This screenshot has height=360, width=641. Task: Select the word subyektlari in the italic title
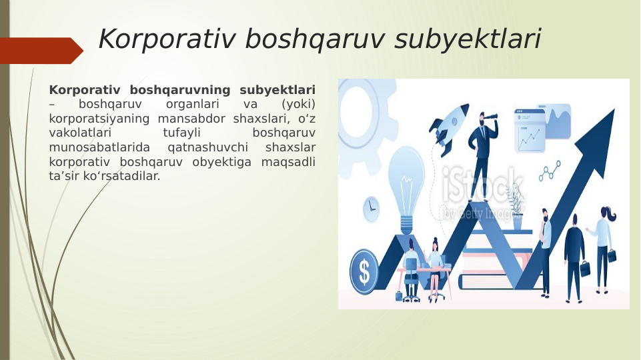click(x=468, y=39)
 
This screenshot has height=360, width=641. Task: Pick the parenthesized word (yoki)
click(x=298, y=104)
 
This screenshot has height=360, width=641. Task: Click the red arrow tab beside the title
click(x=40, y=51)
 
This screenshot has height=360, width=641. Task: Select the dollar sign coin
click(x=364, y=271)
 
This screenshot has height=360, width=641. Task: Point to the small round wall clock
click(x=371, y=209)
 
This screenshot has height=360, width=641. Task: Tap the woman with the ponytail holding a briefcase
click(x=603, y=247)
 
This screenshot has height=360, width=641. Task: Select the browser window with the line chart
click(x=530, y=131)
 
